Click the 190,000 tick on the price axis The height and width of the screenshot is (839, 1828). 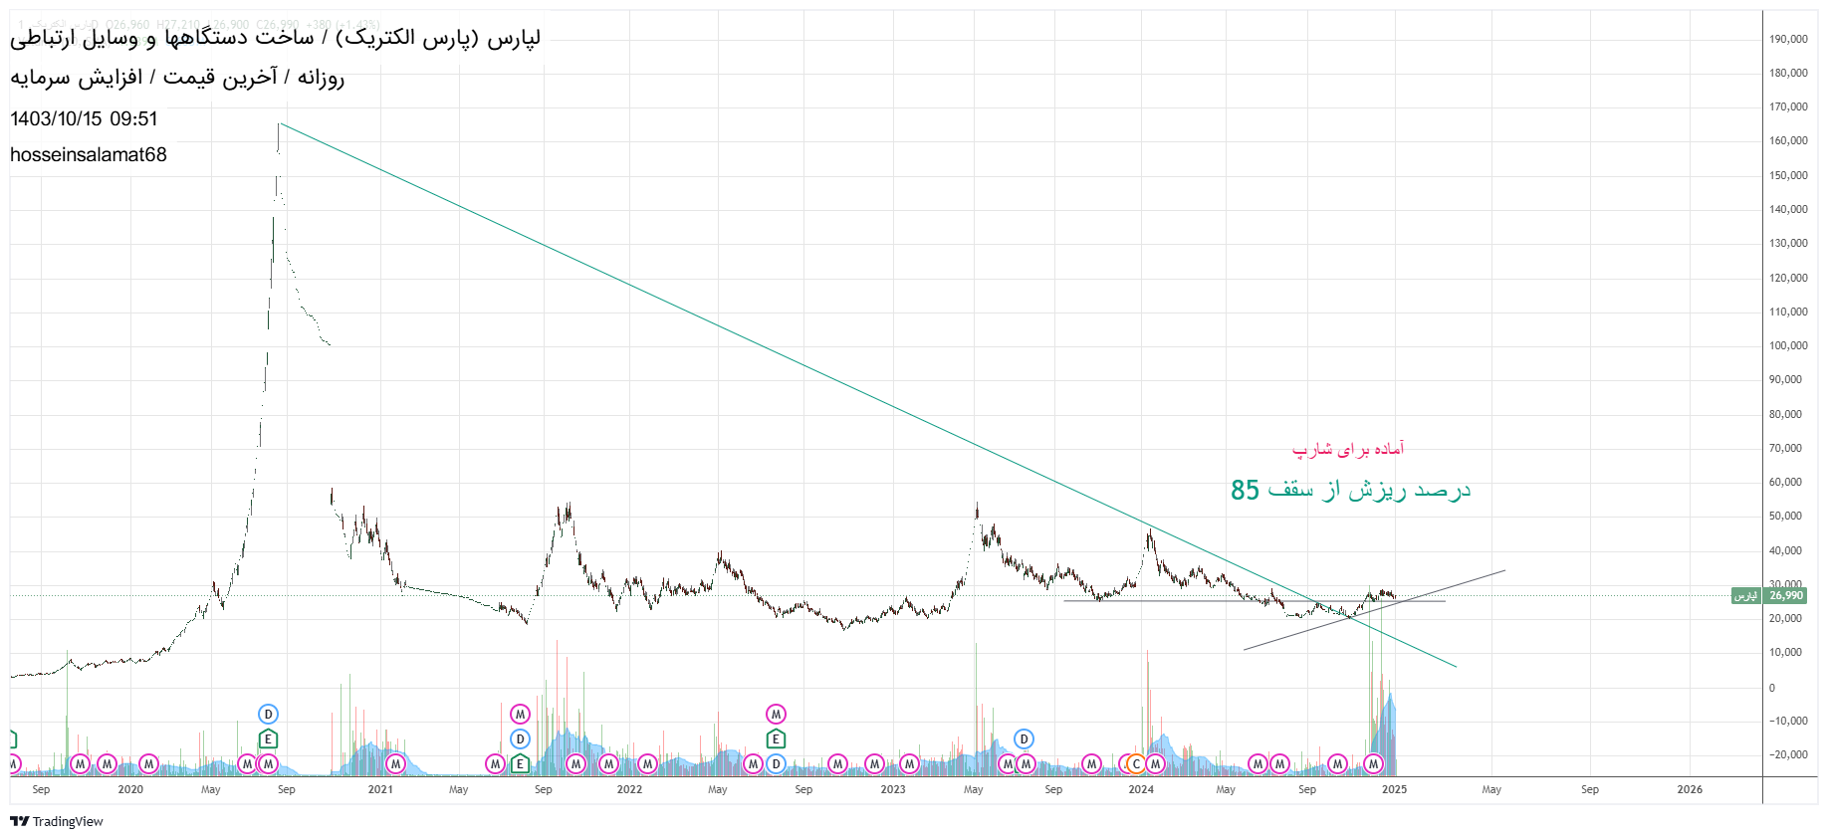tap(1788, 39)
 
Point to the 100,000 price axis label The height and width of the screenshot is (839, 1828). tap(1788, 345)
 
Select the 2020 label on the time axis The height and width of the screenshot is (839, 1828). tap(130, 789)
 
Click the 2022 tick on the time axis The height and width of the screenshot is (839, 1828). tap(629, 789)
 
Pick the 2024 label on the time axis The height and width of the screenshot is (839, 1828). tap(1141, 789)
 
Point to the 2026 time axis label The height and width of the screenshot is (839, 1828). tap(1690, 789)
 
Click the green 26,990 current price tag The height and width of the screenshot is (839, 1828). tap(1785, 595)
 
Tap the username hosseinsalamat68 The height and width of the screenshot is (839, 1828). tap(89, 154)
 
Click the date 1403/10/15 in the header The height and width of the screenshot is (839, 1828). tap(56, 118)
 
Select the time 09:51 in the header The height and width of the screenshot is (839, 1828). tap(134, 118)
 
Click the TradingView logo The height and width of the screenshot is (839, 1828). tap(57, 821)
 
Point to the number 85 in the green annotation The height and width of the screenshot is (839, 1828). tap(1245, 490)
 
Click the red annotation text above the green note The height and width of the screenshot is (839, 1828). tap(1348, 449)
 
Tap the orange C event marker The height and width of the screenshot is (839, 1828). tap(1136, 764)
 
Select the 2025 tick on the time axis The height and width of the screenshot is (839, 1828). tap(1394, 789)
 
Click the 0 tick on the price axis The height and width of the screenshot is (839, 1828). tap(1772, 687)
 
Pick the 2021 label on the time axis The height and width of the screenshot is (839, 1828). tap(380, 789)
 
